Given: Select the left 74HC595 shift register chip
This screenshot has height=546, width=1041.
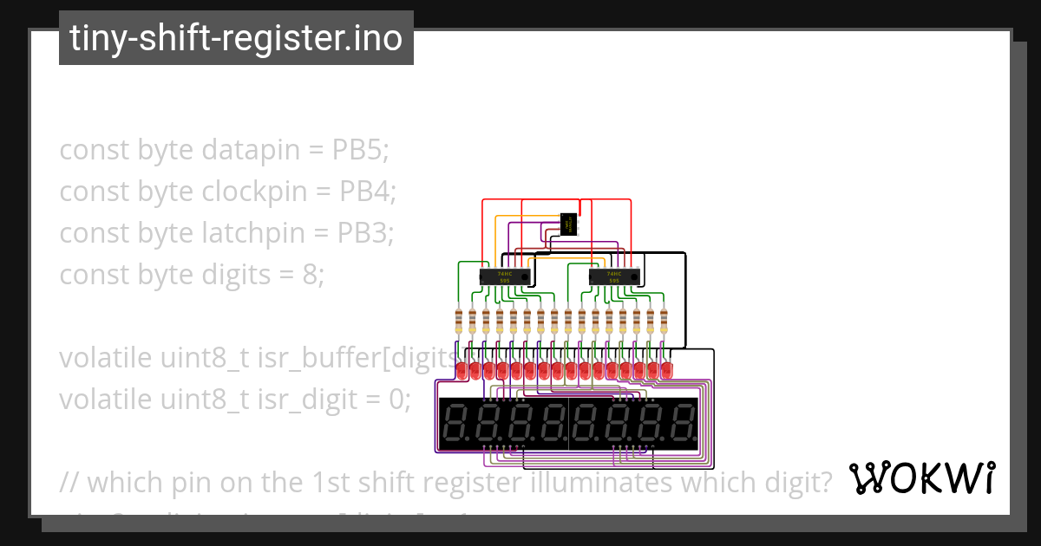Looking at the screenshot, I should click(x=505, y=276).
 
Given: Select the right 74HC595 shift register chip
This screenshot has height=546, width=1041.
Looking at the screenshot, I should click(x=613, y=276).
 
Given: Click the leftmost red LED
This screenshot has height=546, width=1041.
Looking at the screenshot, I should click(x=461, y=370).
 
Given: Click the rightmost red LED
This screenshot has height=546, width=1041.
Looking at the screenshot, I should click(x=666, y=370).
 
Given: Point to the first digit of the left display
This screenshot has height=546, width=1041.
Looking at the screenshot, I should click(x=456, y=425).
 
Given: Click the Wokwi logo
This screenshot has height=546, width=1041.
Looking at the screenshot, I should click(x=921, y=478).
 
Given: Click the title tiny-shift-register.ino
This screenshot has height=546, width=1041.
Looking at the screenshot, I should click(x=236, y=38).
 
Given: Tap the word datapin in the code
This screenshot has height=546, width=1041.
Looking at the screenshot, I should click(x=247, y=150).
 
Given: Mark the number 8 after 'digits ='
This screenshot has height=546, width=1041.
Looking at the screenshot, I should click(x=311, y=275).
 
